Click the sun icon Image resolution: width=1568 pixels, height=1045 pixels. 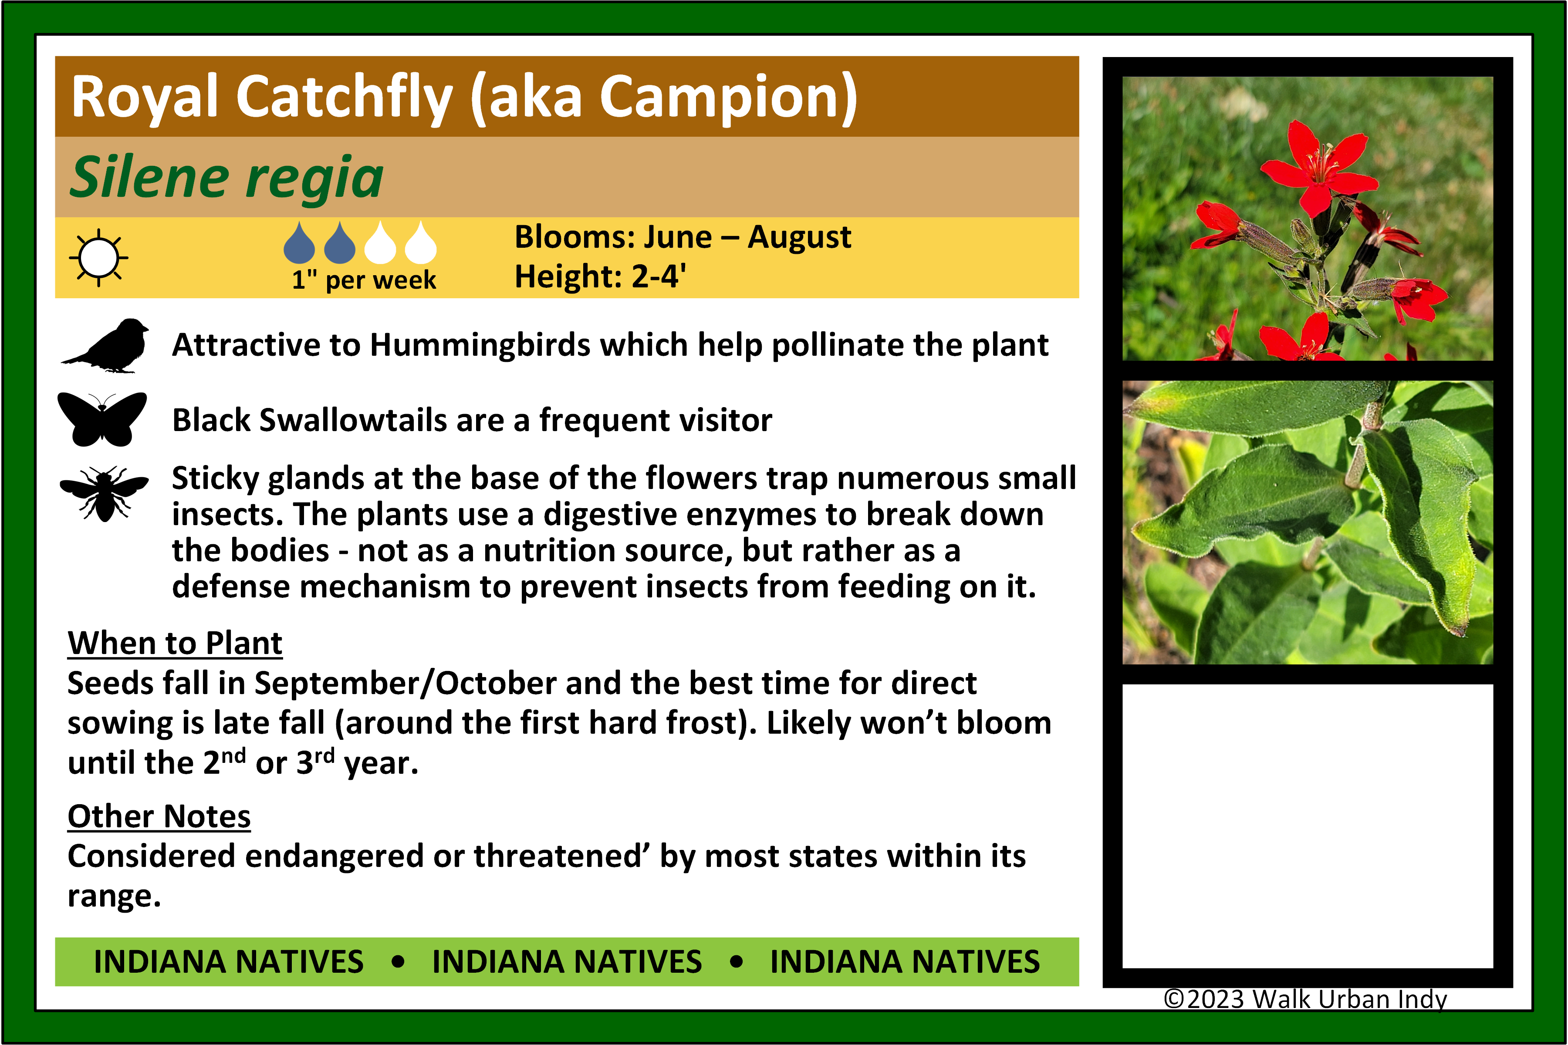pyautogui.click(x=99, y=257)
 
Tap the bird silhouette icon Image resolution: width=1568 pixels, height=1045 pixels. pyautogui.click(x=105, y=345)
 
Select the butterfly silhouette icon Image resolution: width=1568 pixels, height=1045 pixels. pyautogui.click(x=102, y=419)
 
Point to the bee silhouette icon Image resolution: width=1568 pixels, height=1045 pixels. pyautogui.click(x=104, y=494)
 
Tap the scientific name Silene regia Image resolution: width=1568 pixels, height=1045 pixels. pyautogui.click(x=226, y=177)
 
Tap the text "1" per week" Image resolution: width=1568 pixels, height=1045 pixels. pyautogui.click(x=364, y=279)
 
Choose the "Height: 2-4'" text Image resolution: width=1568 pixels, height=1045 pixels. pyautogui.click(x=600, y=276)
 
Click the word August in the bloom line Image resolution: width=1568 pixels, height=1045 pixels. pyautogui.click(x=799, y=238)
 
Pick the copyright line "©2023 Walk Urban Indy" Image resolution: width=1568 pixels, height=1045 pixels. pyautogui.click(x=1304, y=999)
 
